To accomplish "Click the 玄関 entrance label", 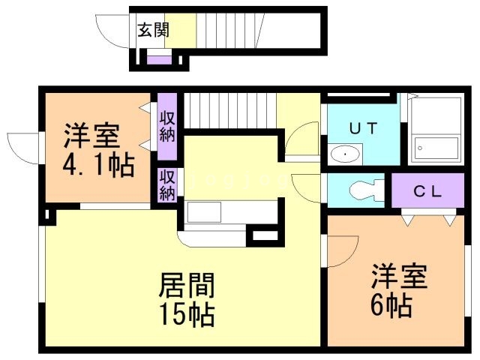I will point(153,31).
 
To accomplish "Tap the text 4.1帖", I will point(98,164).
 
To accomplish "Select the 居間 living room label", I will point(187,285).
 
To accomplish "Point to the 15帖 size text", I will point(187,313).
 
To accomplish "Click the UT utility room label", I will point(363,127).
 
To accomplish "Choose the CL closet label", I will point(428,190).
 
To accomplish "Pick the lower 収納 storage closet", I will point(166,184).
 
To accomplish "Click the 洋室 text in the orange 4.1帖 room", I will point(90,136).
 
